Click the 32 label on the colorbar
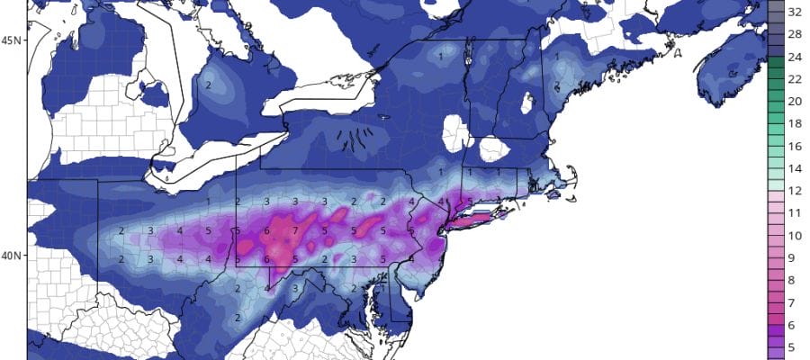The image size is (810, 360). point(796,13)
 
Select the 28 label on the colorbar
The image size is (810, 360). point(796,34)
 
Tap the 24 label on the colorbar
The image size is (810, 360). point(796,57)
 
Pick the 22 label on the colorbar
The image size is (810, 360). point(796,79)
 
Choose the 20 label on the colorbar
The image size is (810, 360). point(796,102)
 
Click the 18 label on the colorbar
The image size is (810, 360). point(796,123)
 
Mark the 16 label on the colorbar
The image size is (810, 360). point(796,146)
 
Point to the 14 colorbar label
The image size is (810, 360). point(796,168)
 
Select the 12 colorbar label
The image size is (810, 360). point(796,191)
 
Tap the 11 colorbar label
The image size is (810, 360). point(796,213)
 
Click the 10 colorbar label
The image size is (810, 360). point(796,235)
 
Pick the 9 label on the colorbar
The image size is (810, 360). point(796,257)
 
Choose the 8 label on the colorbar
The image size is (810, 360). point(796,280)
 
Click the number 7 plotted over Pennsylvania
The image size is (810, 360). point(295,231)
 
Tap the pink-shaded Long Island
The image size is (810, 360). point(486,217)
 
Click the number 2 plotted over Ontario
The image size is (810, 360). point(208,85)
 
